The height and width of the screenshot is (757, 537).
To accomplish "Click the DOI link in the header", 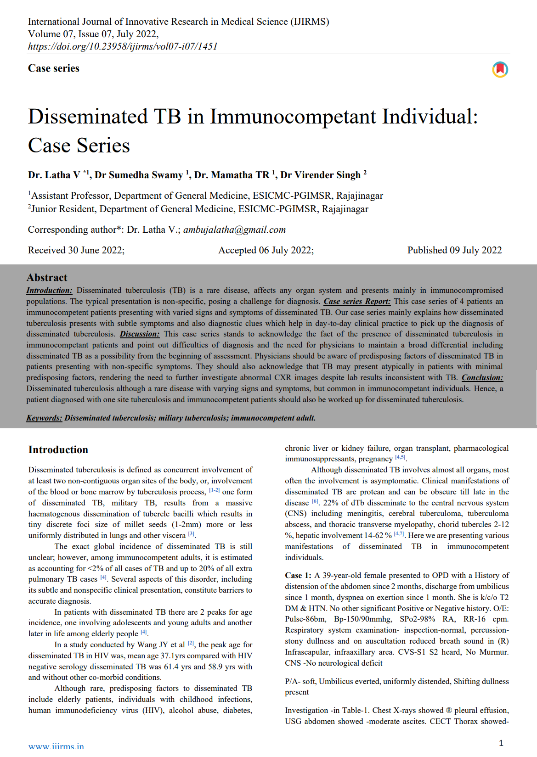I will pyautogui.click(x=123, y=46).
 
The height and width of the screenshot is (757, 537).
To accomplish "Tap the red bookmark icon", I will pyautogui.click(x=500, y=69).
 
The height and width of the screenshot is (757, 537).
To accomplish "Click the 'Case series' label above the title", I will pyautogui.click(x=54, y=68).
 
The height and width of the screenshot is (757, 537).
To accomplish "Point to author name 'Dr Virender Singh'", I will pyautogui.click(x=320, y=175).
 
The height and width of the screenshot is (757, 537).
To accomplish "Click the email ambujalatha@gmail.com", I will pyautogui.click(x=234, y=230).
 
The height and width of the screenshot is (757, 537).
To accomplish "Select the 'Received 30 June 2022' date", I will pyautogui.click(x=76, y=250).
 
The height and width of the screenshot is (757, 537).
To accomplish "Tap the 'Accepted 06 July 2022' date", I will pyautogui.click(x=266, y=250).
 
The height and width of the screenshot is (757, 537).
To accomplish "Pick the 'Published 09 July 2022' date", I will pyautogui.click(x=454, y=250).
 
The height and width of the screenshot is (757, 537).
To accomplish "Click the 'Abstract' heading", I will pyautogui.click(x=47, y=278).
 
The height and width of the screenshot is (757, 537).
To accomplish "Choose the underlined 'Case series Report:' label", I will pyautogui.click(x=357, y=302).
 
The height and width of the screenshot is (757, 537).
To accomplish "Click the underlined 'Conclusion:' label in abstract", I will pyautogui.click(x=482, y=378).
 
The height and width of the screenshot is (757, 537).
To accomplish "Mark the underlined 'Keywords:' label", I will pyautogui.click(x=44, y=418).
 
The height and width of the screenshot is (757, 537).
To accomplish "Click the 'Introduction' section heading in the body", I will pyautogui.click(x=58, y=450).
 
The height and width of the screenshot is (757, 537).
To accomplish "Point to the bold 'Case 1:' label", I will pyautogui.click(x=298, y=576).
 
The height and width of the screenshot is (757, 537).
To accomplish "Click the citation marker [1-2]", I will pyautogui.click(x=215, y=490).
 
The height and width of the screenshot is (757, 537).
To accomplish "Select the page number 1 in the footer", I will pyautogui.click(x=501, y=743).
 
